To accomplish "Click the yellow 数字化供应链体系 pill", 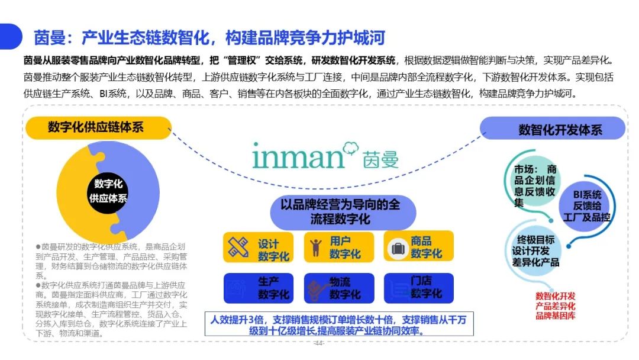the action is (x=98, y=128).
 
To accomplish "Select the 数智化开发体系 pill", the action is (x=553, y=129).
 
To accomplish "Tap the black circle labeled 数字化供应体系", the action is (x=108, y=191).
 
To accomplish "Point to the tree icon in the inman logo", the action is (x=350, y=148).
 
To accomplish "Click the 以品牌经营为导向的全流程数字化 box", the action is (x=343, y=212).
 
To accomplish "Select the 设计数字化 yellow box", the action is (x=258, y=247).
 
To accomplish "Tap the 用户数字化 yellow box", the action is (x=338, y=247).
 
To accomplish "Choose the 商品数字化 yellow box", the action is (x=418, y=246).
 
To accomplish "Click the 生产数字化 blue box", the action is (x=259, y=288).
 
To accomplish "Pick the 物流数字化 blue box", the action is (x=339, y=288).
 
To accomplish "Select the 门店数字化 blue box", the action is (x=418, y=288).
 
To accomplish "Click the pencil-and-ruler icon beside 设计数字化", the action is (x=238, y=247).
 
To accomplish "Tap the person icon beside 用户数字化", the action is (x=315, y=247).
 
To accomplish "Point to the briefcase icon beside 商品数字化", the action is (x=398, y=248).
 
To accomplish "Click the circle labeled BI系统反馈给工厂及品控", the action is (x=586, y=205).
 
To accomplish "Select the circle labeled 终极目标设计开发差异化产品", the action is (x=535, y=250).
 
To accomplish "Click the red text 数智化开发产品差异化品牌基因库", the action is (x=555, y=306).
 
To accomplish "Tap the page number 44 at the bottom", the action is (x=319, y=343).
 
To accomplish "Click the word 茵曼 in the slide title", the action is (x=50, y=38).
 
